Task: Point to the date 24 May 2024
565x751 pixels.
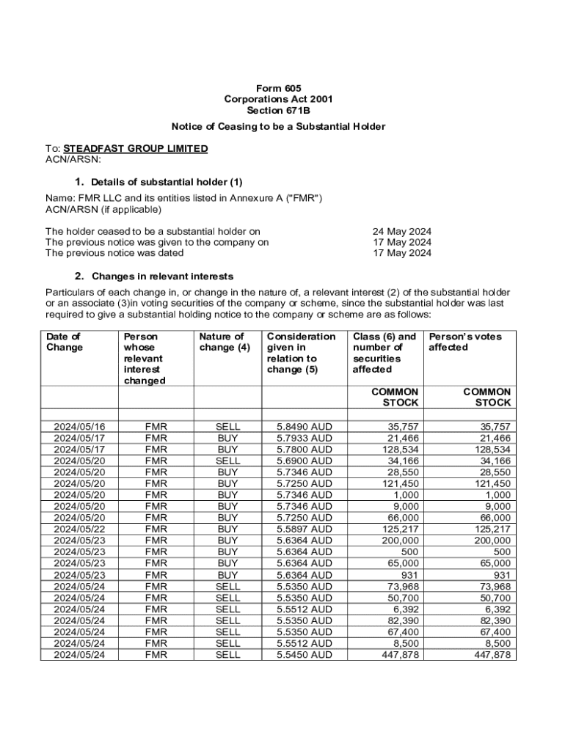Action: pyautogui.click(x=402, y=231)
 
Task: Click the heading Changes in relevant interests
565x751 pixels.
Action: pyautogui.click(x=162, y=276)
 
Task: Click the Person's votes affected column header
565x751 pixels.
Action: pyautogui.click(x=465, y=342)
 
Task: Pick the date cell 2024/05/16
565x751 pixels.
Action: pyautogui.click(x=79, y=426)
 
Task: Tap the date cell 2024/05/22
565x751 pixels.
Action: pyautogui.click(x=79, y=529)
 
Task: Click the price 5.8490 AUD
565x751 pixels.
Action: pyautogui.click(x=304, y=426)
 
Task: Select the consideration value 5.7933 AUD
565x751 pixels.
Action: pyautogui.click(x=304, y=438)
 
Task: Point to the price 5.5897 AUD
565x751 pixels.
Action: pyautogui.click(x=304, y=529)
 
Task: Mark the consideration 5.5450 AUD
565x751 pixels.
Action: pyautogui.click(x=304, y=655)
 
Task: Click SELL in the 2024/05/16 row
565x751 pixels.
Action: pyautogui.click(x=227, y=426)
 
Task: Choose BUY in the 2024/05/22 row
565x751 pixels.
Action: pyautogui.click(x=227, y=529)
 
